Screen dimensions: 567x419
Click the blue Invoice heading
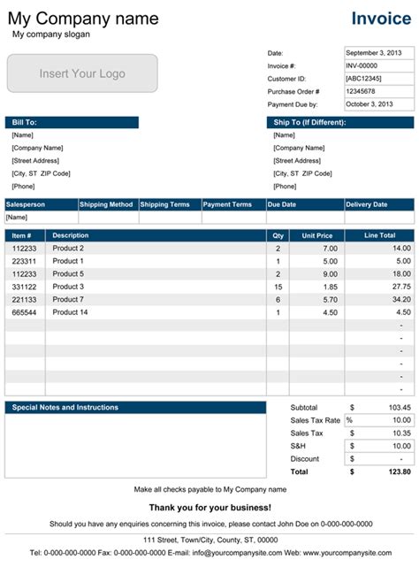[381, 19]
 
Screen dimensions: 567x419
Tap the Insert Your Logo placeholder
[82, 74]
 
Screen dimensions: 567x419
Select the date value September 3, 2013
[377, 53]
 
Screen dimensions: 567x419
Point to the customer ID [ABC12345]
[365, 79]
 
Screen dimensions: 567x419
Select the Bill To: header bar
[72, 122]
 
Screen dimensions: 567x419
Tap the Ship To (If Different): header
[339, 122]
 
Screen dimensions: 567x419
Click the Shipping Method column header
[107, 204]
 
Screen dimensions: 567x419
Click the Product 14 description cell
[72, 312]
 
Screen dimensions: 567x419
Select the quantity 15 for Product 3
[278, 287]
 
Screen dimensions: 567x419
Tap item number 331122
[24, 287]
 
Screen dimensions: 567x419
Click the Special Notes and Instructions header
[135, 408]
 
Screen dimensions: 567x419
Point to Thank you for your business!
[209, 507]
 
